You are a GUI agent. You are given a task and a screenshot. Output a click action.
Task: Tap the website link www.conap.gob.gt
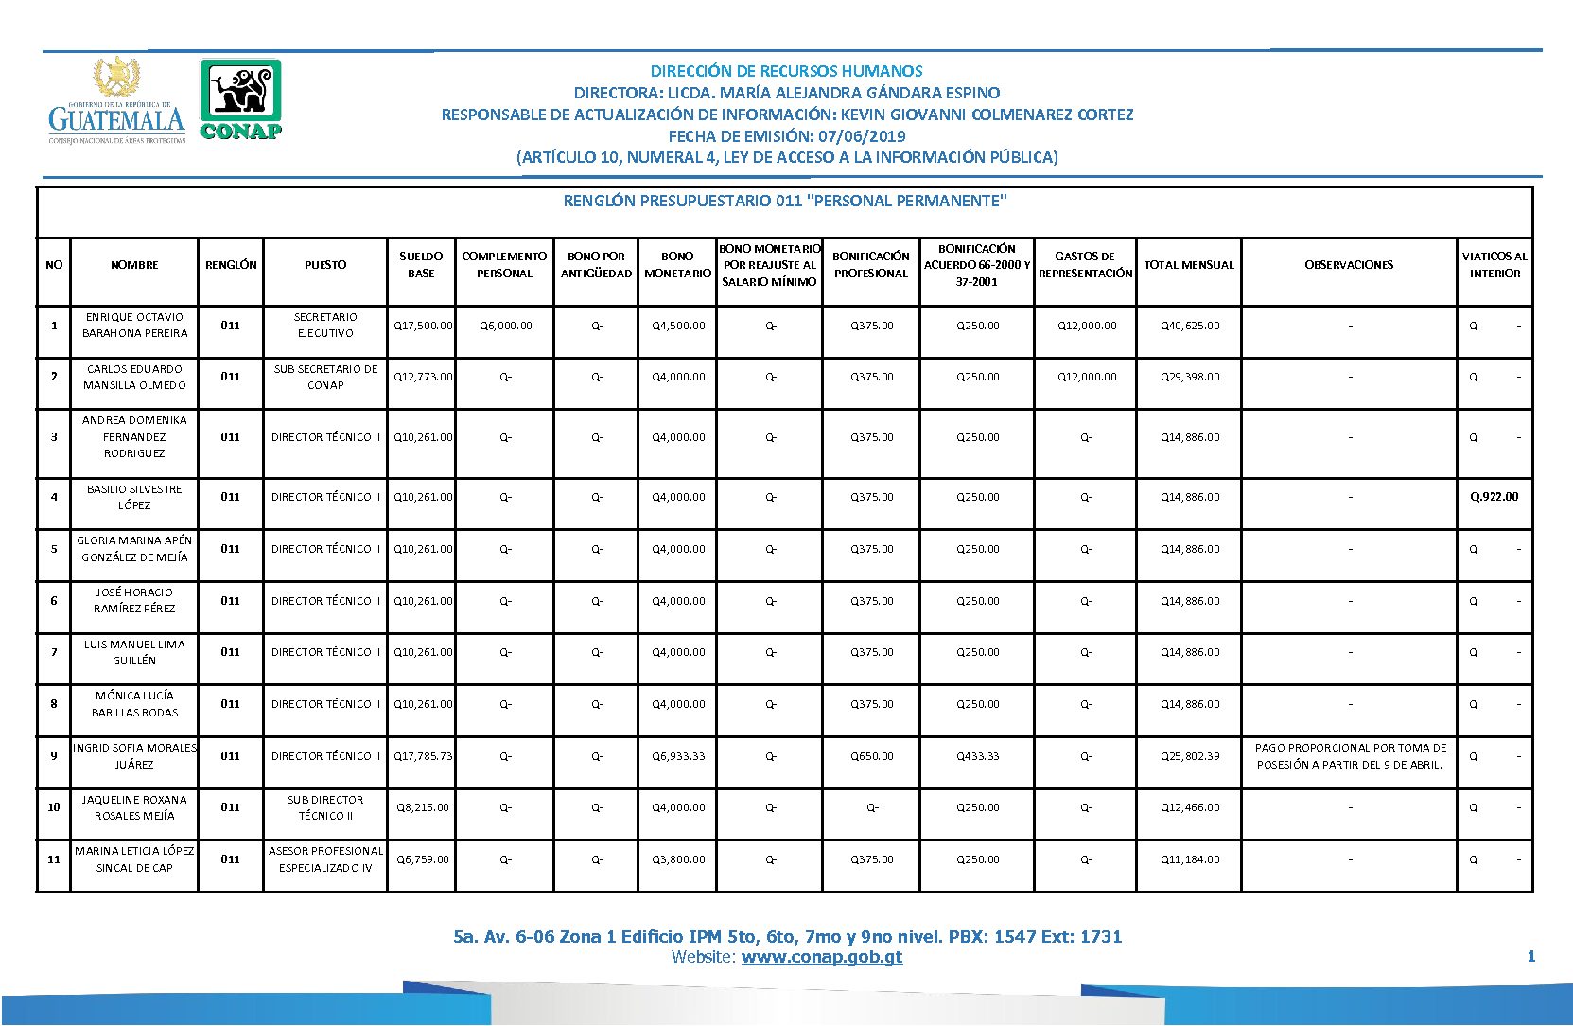coord(821,957)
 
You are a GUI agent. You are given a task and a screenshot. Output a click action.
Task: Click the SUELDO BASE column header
coord(421,265)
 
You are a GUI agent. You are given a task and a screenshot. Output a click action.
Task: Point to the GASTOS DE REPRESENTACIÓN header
coord(1085,265)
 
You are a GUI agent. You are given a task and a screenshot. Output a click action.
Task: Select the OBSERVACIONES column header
coord(1349,265)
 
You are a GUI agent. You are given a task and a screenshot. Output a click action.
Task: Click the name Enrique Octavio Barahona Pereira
coord(134,326)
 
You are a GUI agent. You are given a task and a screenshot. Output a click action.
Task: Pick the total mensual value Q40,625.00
coord(1190,326)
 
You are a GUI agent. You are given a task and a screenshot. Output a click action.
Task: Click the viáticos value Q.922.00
coord(1494,497)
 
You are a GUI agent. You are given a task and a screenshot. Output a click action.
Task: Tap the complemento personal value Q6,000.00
coord(505,326)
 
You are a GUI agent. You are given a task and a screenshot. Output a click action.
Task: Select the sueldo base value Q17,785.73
coord(423,756)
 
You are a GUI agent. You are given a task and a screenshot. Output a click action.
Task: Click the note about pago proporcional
coord(1350,756)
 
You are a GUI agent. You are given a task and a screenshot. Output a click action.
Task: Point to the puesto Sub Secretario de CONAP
coord(325,377)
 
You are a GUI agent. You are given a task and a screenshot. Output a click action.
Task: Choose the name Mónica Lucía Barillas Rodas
coord(134,704)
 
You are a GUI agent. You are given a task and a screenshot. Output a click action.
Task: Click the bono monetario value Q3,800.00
coord(678,859)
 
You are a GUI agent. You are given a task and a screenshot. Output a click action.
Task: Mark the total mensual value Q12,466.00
coord(1190,807)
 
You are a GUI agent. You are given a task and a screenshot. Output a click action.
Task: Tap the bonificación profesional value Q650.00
coord(871,756)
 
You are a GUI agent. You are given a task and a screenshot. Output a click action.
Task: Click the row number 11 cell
coord(54,859)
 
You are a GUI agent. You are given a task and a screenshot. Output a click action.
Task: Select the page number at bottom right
coord(1530,957)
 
